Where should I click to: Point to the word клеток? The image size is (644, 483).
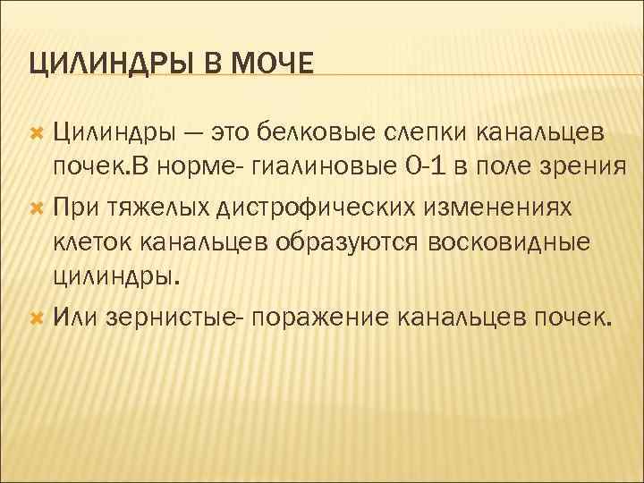(92, 243)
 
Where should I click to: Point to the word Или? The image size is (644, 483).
(75, 317)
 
